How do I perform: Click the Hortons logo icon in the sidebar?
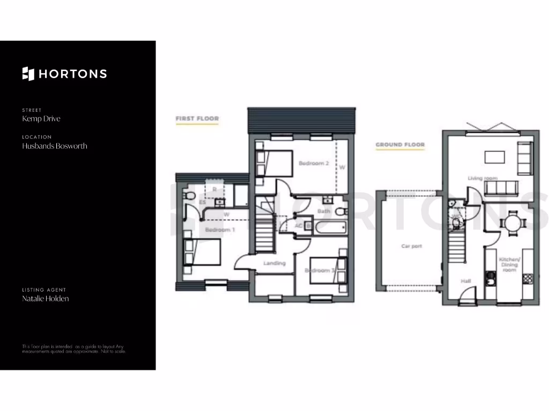(28, 74)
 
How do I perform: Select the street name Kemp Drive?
(41, 119)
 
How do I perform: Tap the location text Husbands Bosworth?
(55, 146)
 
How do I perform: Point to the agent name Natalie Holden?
(46, 299)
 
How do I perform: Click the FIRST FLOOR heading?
(197, 118)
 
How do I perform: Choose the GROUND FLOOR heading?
(400, 144)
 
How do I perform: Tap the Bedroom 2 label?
(314, 163)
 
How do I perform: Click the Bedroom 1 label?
(220, 230)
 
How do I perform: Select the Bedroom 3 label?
(320, 271)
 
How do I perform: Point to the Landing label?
(274, 263)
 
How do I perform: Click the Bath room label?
(324, 211)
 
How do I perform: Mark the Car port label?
(412, 247)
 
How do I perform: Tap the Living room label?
(483, 178)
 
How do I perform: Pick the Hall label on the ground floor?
(466, 280)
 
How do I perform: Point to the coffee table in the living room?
(494, 156)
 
